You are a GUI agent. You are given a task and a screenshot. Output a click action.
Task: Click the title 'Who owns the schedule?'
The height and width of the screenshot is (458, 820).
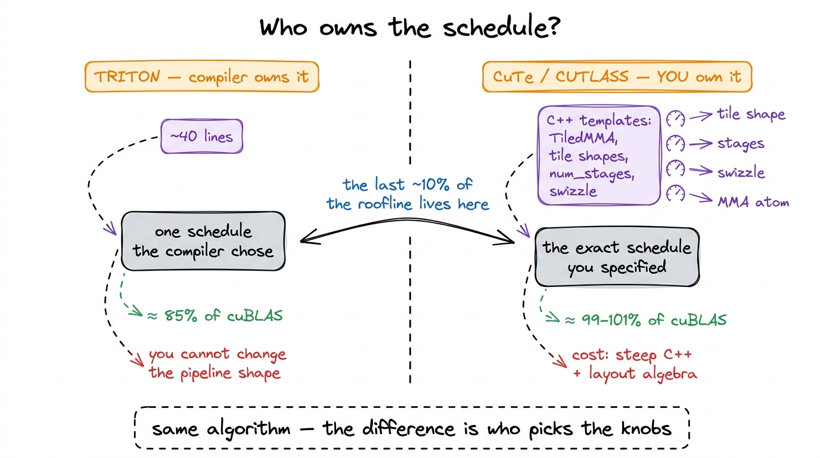pos(410,27)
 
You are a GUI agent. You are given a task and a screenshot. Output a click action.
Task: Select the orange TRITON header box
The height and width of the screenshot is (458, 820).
pos(202,76)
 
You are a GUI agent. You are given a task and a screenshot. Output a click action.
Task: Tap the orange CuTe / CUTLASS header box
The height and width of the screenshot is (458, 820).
pos(617,76)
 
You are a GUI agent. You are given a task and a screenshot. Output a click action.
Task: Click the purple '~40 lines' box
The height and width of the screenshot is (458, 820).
pos(201,137)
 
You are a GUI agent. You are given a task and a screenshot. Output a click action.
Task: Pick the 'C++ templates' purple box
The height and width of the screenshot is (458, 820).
pos(600,156)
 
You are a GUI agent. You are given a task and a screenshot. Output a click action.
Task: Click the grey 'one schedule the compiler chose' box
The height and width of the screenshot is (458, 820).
pos(203,241)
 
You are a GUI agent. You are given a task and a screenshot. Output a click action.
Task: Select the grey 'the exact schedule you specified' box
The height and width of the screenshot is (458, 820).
pos(617,257)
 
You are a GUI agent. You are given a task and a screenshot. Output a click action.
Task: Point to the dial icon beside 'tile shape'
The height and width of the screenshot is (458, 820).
pos(675,118)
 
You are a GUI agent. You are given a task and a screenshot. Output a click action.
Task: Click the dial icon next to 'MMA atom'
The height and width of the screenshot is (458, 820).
pos(675,193)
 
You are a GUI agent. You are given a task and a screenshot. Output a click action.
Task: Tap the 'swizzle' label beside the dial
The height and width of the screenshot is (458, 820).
pos(741,172)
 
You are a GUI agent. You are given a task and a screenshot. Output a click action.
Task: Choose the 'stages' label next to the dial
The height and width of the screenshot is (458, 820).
pos(741,144)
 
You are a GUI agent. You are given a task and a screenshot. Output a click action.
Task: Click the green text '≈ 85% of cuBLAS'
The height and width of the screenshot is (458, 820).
pos(215,315)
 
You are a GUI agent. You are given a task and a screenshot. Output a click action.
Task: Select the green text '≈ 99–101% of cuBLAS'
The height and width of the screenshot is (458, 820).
pos(646,320)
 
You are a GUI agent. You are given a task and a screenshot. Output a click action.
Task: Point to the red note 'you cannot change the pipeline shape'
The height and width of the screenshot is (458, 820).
pos(218,363)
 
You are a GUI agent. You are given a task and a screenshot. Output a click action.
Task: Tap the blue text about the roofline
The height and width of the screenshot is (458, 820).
pos(408,194)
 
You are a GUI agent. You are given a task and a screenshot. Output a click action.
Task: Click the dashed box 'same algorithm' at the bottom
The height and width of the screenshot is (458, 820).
pos(412,428)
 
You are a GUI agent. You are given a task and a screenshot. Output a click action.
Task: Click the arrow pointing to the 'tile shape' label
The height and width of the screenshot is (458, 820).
pos(701,116)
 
